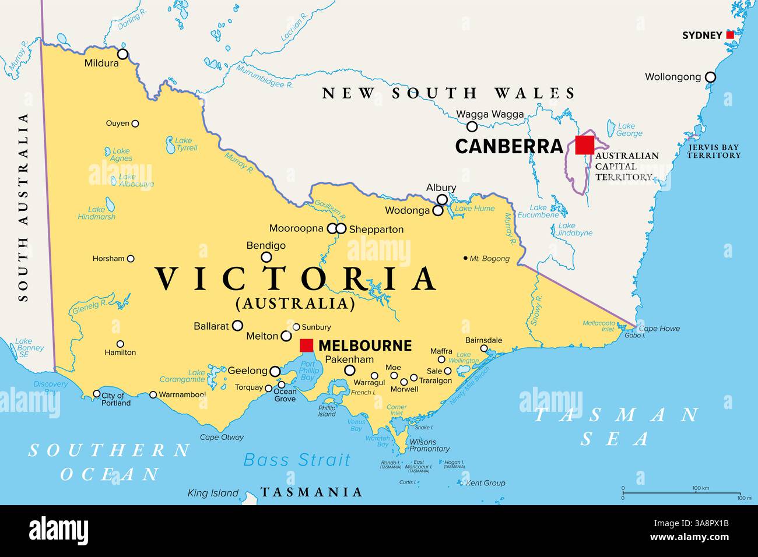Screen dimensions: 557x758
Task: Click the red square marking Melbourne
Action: (x=306, y=346)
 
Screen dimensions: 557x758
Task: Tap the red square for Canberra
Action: (x=584, y=145)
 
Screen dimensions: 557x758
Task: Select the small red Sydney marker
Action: (x=730, y=35)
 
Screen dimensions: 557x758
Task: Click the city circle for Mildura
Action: (x=122, y=54)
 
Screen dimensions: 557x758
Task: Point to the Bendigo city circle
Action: (x=266, y=257)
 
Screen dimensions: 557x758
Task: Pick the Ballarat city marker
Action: (x=237, y=326)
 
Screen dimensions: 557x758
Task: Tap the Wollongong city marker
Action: (x=710, y=77)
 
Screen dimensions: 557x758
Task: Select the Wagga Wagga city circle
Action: (x=472, y=126)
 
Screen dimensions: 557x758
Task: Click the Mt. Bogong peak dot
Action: (x=465, y=258)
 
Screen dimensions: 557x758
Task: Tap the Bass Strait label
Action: (x=297, y=460)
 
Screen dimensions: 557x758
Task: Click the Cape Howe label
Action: (x=659, y=329)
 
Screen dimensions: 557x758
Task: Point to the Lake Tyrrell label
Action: (x=187, y=144)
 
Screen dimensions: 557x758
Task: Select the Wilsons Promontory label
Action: (x=429, y=445)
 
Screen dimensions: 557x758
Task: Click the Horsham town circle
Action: (x=131, y=259)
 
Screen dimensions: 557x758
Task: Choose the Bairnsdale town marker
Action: (x=484, y=348)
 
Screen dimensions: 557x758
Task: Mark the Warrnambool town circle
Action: (x=153, y=394)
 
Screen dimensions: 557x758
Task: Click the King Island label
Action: (x=213, y=493)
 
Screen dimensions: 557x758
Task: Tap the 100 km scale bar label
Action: (x=700, y=488)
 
